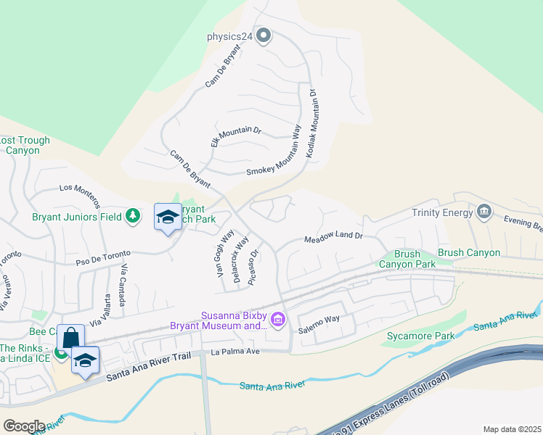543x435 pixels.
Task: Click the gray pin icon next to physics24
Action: (264, 35)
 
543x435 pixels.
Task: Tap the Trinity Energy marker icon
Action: (484, 212)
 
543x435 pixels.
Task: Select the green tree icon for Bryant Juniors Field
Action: (132, 215)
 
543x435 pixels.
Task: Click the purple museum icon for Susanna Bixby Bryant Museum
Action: (277, 319)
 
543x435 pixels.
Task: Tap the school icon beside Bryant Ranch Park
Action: (168, 217)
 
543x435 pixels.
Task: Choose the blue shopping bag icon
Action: (70, 337)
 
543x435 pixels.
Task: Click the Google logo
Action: (23, 426)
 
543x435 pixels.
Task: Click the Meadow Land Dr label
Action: (332, 239)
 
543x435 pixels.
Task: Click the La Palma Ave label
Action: (235, 352)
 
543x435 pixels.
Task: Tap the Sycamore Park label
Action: (420, 336)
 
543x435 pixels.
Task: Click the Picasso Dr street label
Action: (253, 268)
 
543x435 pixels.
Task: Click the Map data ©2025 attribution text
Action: (511, 429)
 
